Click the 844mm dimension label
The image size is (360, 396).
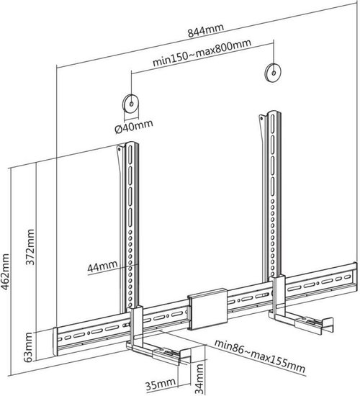coord(206,30)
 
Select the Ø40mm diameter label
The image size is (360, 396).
coord(134,126)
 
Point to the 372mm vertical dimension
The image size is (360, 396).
coord(30,246)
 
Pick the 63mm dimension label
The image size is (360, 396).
coord(28,347)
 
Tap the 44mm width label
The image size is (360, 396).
coord(102,266)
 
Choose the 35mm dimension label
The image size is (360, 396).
coord(160,384)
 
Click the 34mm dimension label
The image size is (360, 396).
coord(200,379)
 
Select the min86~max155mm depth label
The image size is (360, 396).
coord(260,356)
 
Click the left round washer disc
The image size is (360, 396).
coord(131,104)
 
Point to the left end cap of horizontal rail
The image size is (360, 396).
coord(55,342)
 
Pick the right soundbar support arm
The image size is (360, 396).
coord(302,320)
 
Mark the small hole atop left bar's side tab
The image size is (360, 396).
coord(119,149)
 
